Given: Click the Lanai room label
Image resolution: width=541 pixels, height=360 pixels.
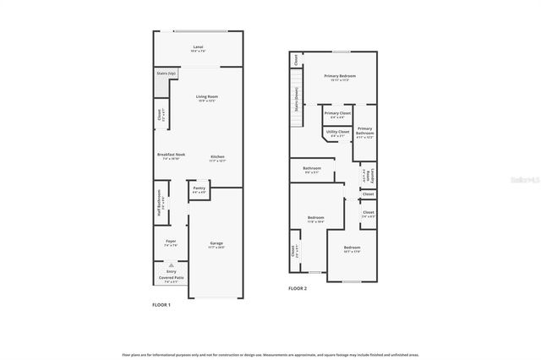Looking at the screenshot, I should (x=199, y=47).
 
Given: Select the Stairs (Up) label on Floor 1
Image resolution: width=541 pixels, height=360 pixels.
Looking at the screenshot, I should (x=167, y=74).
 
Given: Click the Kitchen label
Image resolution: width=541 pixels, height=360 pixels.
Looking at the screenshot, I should (x=217, y=157).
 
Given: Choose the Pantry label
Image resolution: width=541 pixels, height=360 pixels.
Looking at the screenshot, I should (x=199, y=189).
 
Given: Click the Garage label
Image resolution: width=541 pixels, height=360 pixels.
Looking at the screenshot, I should (x=217, y=244).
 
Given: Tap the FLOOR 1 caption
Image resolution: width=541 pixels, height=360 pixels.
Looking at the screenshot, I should (x=161, y=304).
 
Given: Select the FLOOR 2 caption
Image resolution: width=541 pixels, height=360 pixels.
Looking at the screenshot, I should (x=298, y=288).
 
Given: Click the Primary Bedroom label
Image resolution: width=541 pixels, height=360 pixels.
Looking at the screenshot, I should (x=340, y=77).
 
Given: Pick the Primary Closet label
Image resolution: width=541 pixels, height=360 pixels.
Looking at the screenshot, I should (x=336, y=114).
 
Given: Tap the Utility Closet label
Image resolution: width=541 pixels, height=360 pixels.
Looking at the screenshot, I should (x=337, y=133).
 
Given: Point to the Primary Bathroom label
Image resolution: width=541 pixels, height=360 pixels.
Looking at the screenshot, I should (x=364, y=131).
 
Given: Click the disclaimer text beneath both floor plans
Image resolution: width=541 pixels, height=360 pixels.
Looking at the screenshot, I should (x=270, y=355).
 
